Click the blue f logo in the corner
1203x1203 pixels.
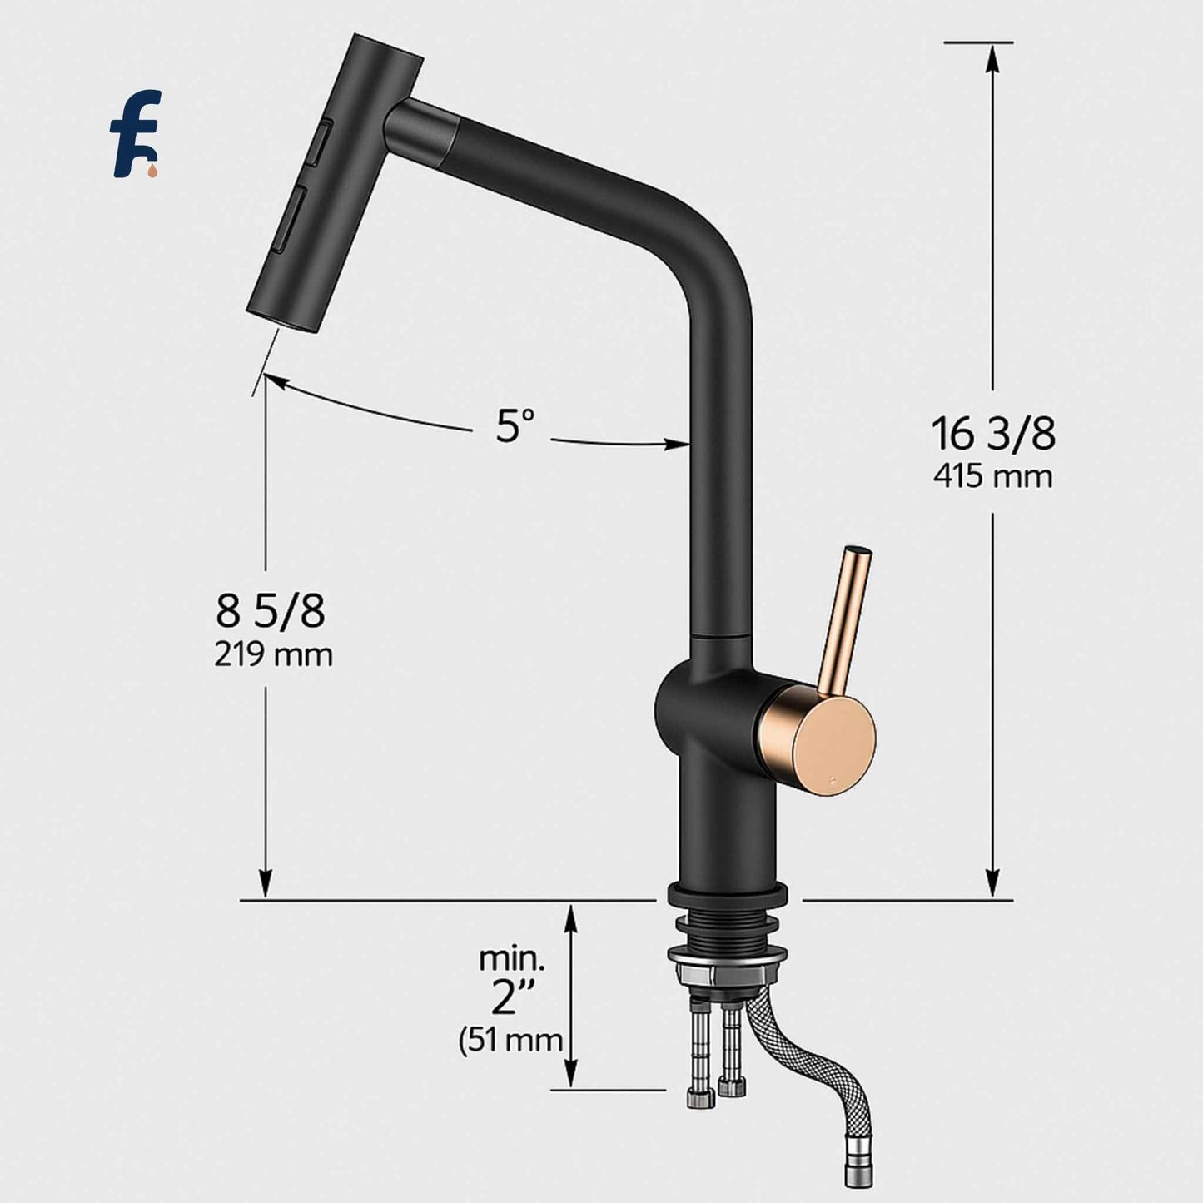click(x=136, y=136)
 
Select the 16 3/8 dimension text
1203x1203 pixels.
click(x=992, y=434)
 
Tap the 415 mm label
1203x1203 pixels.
click(x=992, y=477)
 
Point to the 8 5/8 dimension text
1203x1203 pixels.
click(x=271, y=612)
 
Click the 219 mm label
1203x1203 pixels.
click(x=273, y=654)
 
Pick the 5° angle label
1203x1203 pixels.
click(x=515, y=427)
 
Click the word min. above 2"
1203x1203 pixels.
click(x=512, y=959)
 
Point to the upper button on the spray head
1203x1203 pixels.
click(x=322, y=142)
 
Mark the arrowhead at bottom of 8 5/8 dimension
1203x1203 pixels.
click(x=266, y=884)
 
